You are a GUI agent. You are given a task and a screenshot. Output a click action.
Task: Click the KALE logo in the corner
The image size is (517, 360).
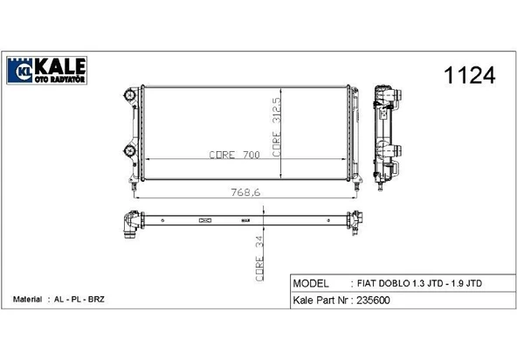46,70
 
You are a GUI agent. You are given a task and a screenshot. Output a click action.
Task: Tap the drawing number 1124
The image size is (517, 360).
470,75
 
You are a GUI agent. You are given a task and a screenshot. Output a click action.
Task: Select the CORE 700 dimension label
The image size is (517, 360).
234,155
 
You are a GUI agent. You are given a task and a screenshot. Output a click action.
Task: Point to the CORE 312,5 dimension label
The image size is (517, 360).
276,127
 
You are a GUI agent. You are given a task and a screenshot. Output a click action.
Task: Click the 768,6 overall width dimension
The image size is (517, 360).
245,192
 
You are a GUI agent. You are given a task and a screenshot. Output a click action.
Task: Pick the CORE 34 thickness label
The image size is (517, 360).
259,259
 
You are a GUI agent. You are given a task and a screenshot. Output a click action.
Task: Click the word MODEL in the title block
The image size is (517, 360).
311,283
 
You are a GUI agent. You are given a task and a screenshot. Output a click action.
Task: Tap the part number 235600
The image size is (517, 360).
373,301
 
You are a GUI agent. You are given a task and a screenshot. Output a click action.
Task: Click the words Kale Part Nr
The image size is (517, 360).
321,301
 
